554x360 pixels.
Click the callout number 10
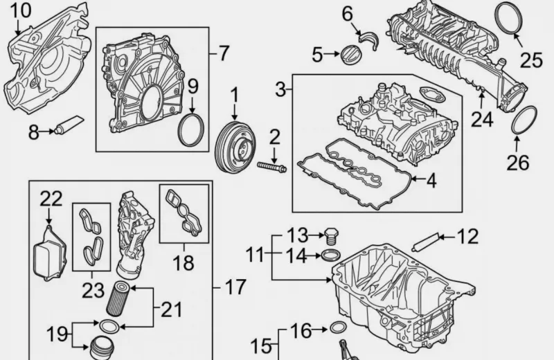pos(21,10)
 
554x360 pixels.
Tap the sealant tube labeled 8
pos(69,125)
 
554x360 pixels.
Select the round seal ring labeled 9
pos(191,129)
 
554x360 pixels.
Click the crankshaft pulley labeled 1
pos(235,147)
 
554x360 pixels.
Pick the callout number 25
pos(531,60)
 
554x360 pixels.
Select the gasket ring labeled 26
pos(524,120)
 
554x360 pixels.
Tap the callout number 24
pos(482,118)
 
